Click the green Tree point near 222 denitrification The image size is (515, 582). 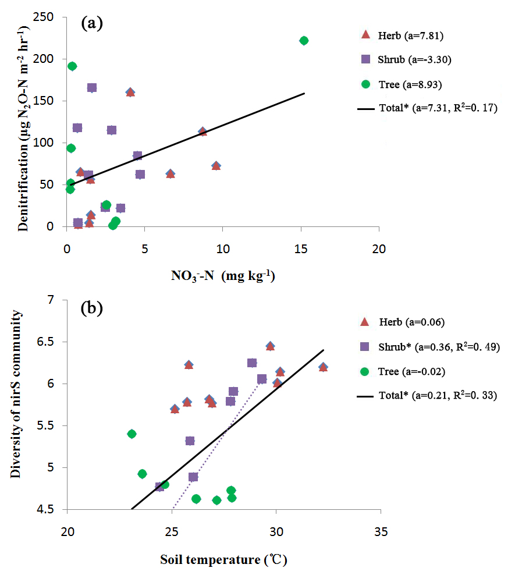coord(304,41)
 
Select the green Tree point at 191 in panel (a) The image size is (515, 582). coord(72,66)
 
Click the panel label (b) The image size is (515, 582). coord(92,308)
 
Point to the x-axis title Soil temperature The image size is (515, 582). coord(223,560)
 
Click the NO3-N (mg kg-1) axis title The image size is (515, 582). coord(222,276)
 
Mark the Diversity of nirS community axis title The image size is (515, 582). coord(16,395)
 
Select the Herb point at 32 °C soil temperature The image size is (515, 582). coord(323,367)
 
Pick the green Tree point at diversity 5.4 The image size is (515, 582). coord(132,434)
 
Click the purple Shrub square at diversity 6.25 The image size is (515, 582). coord(252,363)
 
